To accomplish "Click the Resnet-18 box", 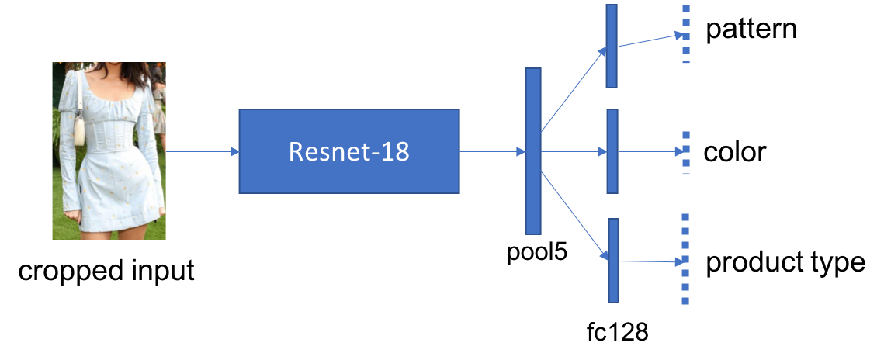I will pos(348,151).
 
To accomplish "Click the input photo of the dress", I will pos(109,151).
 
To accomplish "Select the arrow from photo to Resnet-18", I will pos(202,152).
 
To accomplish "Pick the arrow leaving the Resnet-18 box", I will pos(492,152).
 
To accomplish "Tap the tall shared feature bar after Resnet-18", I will pos(532,151).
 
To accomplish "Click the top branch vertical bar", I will pos(611,46).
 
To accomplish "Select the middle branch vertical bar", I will pos(612,151).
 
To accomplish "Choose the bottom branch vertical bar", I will pos(613,260).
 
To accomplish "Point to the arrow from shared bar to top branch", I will pos(573,89).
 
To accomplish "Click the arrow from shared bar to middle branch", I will pos(574,152).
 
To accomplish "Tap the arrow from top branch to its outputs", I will pos(650,40).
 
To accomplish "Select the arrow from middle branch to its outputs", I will pos(650,152).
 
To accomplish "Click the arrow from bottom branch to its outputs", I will pos(650,261).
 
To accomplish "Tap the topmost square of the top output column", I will pos(685,9).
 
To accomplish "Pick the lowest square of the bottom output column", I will pos(685,301).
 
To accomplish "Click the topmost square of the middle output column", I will pos(685,135).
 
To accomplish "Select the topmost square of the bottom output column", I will pos(685,217).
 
